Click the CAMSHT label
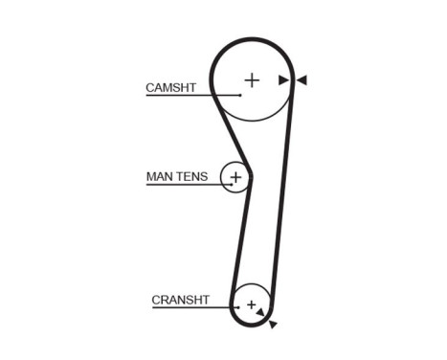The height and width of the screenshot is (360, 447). (x=170, y=87)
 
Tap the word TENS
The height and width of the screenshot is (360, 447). (x=191, y=177)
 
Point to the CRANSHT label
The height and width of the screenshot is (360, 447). (x=180, y=300)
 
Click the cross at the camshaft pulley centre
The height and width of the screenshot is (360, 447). (x=252, y=80)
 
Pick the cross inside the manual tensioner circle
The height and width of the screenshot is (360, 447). (x=235, y=177)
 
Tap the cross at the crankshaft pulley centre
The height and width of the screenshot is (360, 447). (x=252, y=304)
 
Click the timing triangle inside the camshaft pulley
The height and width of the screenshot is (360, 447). (x=283, y=80)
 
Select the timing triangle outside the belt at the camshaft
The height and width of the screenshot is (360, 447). (x=302, y=80)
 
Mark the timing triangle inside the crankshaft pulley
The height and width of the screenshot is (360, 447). (x=260, y=312)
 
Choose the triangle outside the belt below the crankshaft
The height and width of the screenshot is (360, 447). (x=273, y=325)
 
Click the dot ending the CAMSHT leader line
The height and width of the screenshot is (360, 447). (x=240, y=95)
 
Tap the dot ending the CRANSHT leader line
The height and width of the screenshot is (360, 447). (x=237, y=307)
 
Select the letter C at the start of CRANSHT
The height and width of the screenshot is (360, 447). (x=156, y=300)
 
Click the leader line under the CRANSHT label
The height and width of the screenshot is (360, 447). (x=191, y=307)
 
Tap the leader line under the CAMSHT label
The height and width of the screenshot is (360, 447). (x=191, y=95)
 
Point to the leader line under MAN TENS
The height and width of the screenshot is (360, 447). (x=187, y=184)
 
